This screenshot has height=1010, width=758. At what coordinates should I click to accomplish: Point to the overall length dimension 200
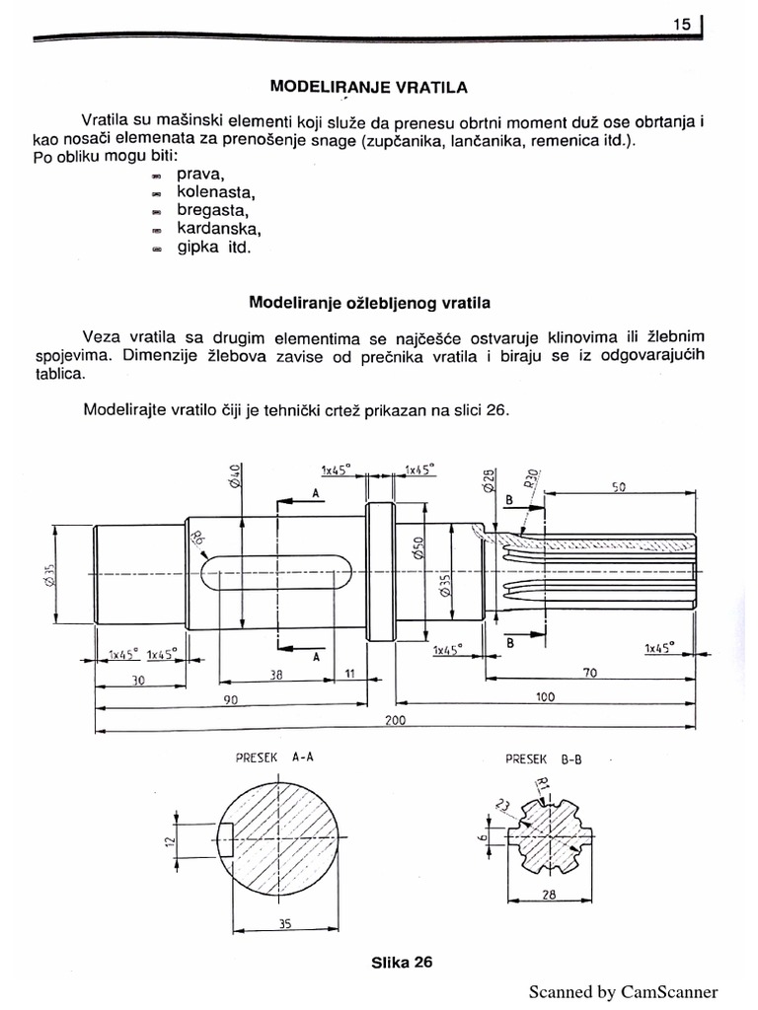(395, 721)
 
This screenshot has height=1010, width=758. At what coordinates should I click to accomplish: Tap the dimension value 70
(590, 673)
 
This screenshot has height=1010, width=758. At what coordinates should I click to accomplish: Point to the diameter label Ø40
(235, 475)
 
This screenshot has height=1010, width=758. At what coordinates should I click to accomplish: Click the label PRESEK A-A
(270, 758)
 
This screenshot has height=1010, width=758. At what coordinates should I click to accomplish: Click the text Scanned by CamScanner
(623, 992)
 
